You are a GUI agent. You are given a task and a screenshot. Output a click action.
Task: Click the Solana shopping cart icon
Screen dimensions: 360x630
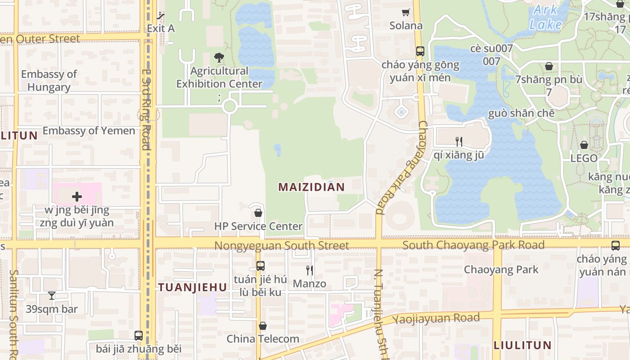coord(406,13)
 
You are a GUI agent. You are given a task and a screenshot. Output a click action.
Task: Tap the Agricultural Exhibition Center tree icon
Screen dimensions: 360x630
coord(219,57)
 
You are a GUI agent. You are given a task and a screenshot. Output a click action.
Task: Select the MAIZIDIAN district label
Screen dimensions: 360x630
coord(311,187)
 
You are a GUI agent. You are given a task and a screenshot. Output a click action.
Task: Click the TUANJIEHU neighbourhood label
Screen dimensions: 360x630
coord(193,287)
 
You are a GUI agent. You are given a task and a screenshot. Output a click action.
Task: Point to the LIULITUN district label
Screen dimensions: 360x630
coord(522,346)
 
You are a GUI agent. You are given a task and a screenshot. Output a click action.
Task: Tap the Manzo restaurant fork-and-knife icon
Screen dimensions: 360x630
coord(310,270)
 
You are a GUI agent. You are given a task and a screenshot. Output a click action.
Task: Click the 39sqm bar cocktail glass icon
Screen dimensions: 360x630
coord(52,296)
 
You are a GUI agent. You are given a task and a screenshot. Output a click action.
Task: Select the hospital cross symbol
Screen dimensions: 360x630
coord(77,197)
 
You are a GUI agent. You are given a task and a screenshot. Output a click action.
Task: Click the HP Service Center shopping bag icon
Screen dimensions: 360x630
coord(258,213)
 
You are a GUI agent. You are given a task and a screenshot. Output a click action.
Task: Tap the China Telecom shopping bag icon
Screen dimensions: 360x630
coord(263,326)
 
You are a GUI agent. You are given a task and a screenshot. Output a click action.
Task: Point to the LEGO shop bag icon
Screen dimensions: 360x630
coord(584,145)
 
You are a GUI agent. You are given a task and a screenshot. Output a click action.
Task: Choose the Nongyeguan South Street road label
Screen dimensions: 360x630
coord(282,246)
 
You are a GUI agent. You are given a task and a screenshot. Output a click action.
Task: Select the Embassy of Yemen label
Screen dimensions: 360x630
coord(89,131)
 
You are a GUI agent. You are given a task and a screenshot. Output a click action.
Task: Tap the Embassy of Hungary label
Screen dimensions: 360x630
coord(49,81)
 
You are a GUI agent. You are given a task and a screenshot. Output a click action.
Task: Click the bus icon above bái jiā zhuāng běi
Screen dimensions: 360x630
coord(139,336)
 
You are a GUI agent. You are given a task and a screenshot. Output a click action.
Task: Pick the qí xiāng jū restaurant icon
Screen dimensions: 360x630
coord(459,142)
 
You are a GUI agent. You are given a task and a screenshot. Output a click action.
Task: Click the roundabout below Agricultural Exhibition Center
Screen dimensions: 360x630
coord(229,107)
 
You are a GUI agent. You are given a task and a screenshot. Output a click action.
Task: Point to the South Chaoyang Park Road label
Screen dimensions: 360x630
coord(473,245)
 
